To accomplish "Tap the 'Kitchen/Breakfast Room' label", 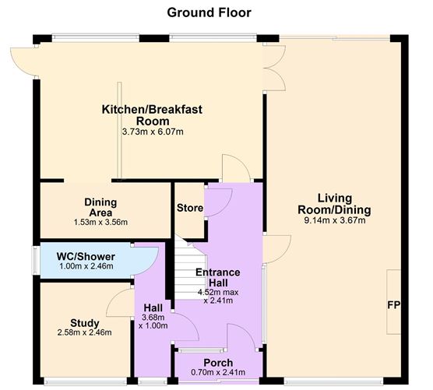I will tap(153, 115).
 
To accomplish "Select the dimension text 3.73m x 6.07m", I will tap(153, 132).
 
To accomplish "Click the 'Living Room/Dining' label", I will tap(334, 204).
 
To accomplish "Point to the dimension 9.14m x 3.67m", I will tap(334, 220).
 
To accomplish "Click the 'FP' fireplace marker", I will tap(393, 304).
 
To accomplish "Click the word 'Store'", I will tap(189, 209).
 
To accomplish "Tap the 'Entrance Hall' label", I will tap(217, 278).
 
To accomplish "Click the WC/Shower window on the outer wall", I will tap(35, 260).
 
